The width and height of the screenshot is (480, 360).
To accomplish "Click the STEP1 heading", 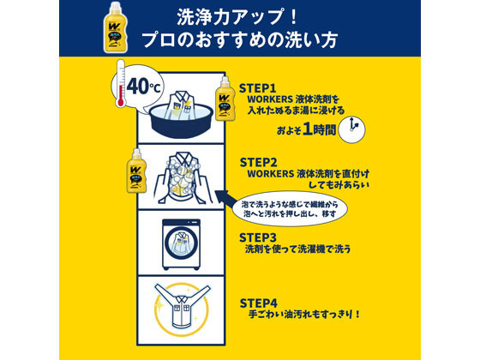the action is pos(257,88).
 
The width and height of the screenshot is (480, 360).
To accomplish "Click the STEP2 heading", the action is pos(258,162).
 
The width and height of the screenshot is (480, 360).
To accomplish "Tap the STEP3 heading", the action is pos(258,237).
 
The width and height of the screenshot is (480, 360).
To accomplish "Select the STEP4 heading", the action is pos(259,303).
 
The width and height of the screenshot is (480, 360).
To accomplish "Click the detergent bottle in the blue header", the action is pos(116,27).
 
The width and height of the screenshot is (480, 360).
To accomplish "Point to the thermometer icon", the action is pos(121,83).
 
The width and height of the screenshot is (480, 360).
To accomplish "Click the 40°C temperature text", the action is pos(143,86).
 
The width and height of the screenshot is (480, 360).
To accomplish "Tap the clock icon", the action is pos(352,129).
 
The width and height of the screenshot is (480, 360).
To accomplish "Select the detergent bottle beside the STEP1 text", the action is pos(225,99).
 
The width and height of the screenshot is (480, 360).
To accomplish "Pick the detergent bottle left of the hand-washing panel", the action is pos(136,171).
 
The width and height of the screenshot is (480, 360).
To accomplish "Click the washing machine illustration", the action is pos(181,244).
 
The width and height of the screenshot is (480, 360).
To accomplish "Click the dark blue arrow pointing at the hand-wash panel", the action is pos(225,199).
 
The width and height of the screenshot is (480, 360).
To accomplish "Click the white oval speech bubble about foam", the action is pos(290,209).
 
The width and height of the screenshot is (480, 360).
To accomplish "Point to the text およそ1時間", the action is pos(307,129).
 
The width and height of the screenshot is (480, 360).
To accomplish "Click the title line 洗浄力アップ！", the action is pos(237,17).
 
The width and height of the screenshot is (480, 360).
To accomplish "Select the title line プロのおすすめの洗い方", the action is pos(240,39).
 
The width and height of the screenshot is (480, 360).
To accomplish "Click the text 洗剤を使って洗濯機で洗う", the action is pos(297,249).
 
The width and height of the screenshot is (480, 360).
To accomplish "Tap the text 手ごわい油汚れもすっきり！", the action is pos(304,315).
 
